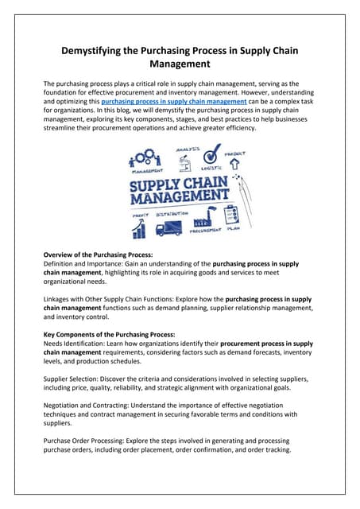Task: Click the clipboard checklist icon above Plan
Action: [x=233, y=216]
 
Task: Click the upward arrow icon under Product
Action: [x=234, y=165]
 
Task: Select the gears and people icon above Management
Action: [x=145, y=157]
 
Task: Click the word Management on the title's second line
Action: [x=180, y=68]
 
